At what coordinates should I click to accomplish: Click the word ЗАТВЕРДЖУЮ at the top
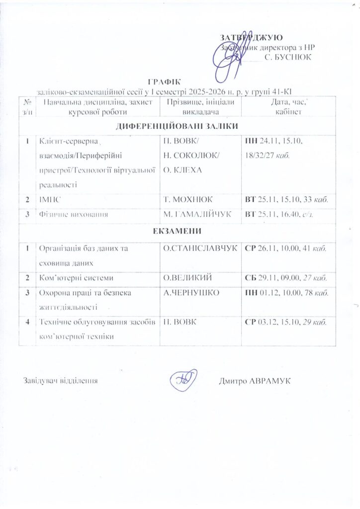click(x=252, y=38)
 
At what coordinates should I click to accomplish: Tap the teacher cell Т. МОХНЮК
click(x=188, y=199)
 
